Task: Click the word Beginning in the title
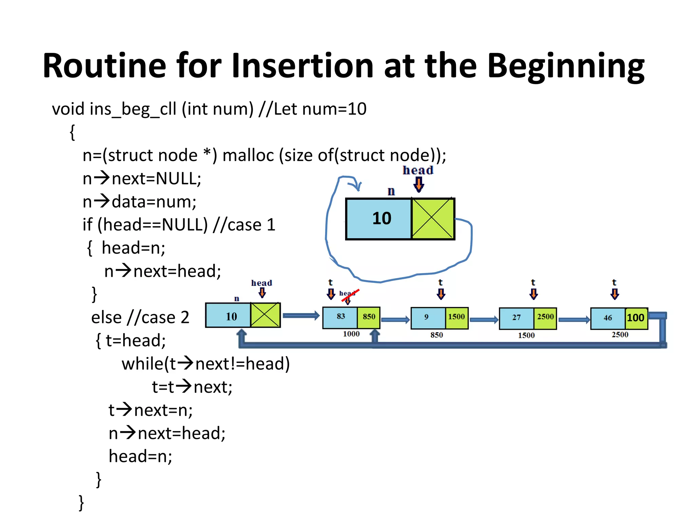pyautogui.click(x=566, y=66)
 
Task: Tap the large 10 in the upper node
pyautogui.click(x=381, y=218)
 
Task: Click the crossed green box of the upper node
pyautogui.click(x=433, y=219)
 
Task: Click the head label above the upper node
pyautogui.click(x=418, y=170)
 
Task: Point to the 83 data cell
pyautogui.click(x=340, y=317)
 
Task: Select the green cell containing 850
pyautogui.click(x=369, y=317)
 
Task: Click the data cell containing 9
pyautogui.click(x=427, y=317)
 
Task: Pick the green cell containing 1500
pyautogui.click(x=456, y=317)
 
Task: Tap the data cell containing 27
pyautogui.click(x=516, y=318)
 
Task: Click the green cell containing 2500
pyautogui.click(x=545, y=317)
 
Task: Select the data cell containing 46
pyautogui.click(x=607, y=318)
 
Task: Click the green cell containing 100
pyautogui.click(x=636, y=318)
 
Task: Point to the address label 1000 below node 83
pyautogui.click(x=351, y=334)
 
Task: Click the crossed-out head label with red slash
pyautogui.click(x=348, y=294)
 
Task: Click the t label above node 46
pyautogui.click(x=614, y=282)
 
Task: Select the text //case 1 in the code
pyautogui.click(x=244, y=225)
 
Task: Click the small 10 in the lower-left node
pyautogui.click(x=231, y=317)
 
